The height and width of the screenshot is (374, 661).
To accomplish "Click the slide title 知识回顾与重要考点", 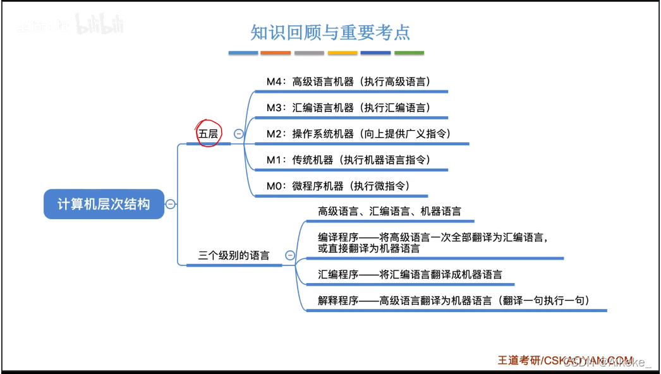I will tap(330, 32).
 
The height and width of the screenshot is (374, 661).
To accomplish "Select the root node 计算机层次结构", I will tap(104, 204).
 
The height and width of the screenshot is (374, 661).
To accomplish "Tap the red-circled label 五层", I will tap(208, 133).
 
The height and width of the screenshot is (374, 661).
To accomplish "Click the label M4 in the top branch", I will tap(275, 81).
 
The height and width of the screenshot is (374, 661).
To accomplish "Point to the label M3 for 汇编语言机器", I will tap(275, 107).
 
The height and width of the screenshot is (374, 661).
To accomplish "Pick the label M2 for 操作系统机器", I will tap(275, 133).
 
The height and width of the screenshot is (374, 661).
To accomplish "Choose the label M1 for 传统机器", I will tap(275, 160).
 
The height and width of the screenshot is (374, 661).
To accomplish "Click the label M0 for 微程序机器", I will tap(275, 186).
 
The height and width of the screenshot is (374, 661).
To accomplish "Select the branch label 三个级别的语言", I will tap(234, 255).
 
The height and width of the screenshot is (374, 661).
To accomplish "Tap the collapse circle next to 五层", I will tap(239, 133).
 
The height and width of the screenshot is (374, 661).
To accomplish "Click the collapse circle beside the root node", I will tap(171, 204).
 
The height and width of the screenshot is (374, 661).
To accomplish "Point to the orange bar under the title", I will tap(276, 53).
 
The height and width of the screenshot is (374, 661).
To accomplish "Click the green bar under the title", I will tap(409, 53).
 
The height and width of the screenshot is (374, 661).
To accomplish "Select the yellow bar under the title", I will tap(343, 53).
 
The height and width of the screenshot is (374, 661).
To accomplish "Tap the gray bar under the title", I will tap(309, 53).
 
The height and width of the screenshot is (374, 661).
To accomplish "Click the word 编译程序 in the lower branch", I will tap(339, 238).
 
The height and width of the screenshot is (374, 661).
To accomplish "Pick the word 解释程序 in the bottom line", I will tap(339, 301).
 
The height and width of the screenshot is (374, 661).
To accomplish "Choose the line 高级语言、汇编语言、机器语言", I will tap(389, 211).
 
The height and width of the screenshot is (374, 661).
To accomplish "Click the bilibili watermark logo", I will tap(99, 25).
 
